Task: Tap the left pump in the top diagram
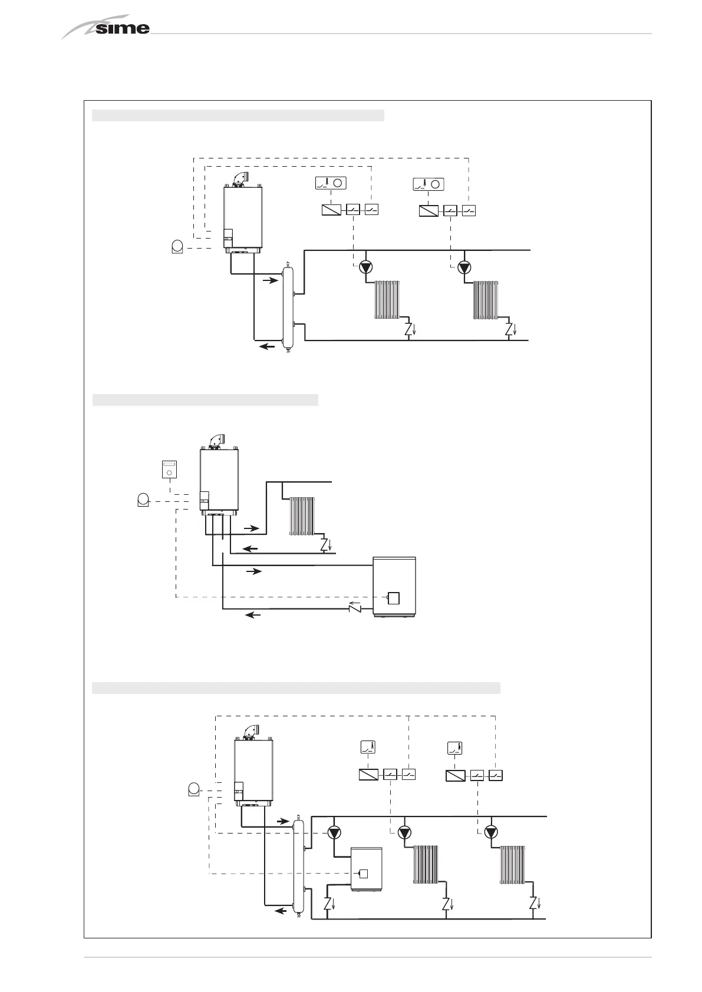(x=366, y=267)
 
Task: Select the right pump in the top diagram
(x=464, y=267)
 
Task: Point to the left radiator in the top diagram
(x=387, y=300)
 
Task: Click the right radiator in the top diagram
(x=486, y=300)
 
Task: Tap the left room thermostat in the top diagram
(x=331, y=183)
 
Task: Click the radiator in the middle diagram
(x=302, y=516)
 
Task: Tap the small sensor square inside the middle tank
(x=393, y=598)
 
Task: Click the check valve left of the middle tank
(x=356, y=607)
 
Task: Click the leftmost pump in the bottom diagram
(x=334, y=832)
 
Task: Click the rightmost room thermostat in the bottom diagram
(x=454, y=748)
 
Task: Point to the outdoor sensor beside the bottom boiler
(x=193, y=788)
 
